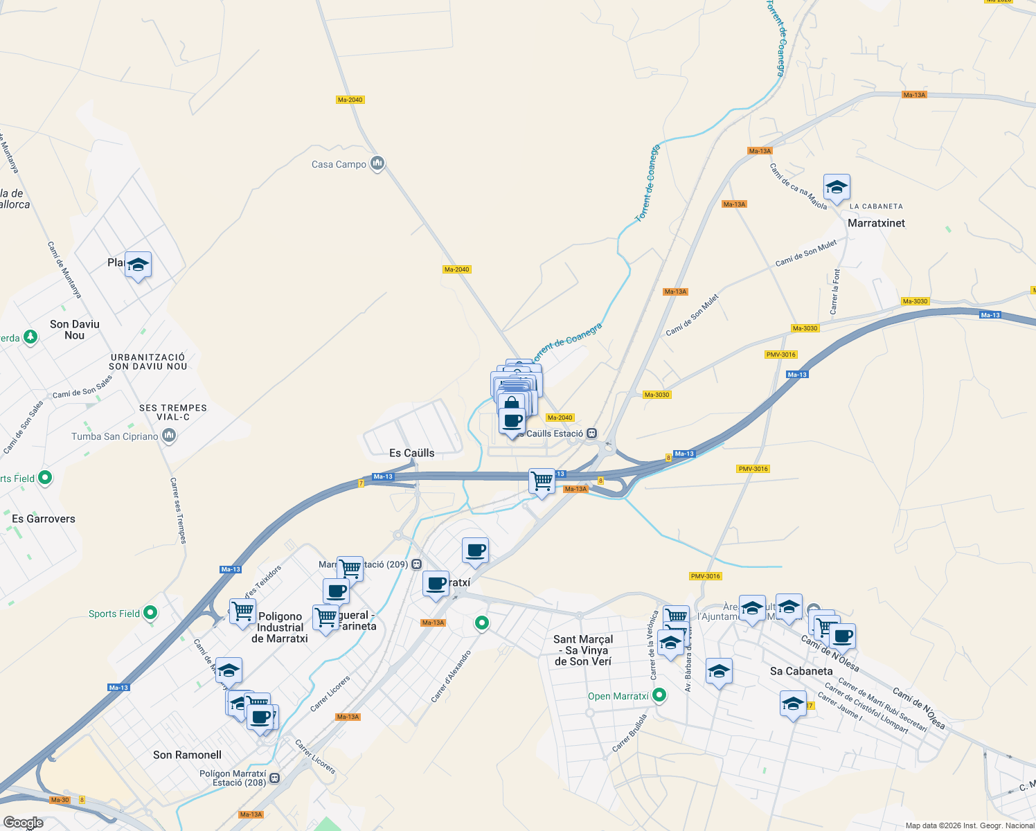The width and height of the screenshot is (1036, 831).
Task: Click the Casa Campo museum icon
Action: [377, 163]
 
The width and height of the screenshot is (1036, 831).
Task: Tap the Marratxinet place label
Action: [876, 223]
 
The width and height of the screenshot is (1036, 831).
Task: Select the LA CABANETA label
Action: [876, 206]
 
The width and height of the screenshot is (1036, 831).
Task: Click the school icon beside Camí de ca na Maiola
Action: [837, 188]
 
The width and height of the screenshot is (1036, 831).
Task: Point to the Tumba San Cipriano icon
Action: [169, 436]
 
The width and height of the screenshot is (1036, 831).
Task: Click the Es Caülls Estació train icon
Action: [591, 434]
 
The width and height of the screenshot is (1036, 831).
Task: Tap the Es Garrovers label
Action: [44, 519]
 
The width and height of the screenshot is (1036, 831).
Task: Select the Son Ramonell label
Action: [187, 755]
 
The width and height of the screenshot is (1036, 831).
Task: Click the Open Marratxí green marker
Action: [659, 695]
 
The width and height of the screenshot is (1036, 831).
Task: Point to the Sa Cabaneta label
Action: [801, 671]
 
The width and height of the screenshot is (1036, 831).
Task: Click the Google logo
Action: [24, 823]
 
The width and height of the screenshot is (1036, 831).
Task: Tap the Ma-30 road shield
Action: [60, 800]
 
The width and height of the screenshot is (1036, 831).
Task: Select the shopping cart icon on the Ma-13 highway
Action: [542, 481]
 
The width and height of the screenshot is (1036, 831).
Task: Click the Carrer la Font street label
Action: [836, 292]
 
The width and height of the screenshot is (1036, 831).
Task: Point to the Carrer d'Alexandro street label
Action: [451, 677]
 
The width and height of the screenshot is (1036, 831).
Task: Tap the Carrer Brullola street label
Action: [629, 733]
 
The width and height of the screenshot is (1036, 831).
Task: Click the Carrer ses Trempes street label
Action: [179, 510]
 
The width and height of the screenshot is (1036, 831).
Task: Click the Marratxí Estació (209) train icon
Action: [416, 564]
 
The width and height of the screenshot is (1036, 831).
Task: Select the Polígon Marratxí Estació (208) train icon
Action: [275, 778]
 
